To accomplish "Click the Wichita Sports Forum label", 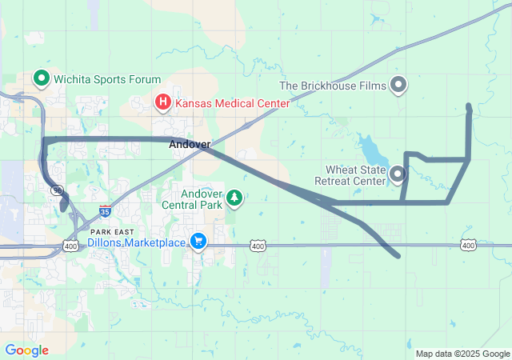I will (x=107, y=79).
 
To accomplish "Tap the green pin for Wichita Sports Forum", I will (x=41, y=78).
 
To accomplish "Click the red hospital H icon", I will (x=162, y=102).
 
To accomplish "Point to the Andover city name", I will (x=190, y=145).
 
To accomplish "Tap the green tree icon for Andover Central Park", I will (x=234, y=197).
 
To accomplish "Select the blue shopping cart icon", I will (x=198, y=241).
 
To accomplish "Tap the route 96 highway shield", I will (x=57, y=190).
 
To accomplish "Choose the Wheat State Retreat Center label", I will (x=355, y=175).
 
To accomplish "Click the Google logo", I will (x=26, y=350).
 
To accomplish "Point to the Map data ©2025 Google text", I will (x=462, y=354).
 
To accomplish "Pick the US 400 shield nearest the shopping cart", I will (x=258, y=246).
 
